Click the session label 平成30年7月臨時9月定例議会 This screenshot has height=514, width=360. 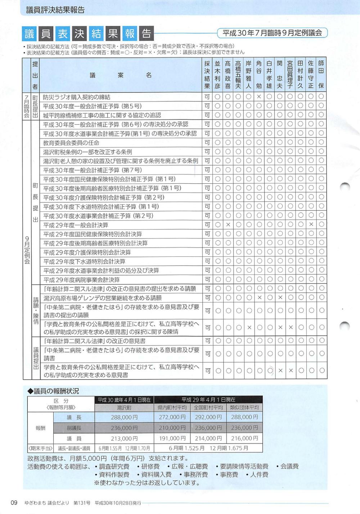(272, 33)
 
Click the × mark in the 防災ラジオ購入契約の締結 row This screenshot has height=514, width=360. (259, 97)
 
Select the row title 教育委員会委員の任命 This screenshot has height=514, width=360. (71, 143)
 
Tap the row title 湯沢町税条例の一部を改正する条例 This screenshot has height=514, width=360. (87, 152)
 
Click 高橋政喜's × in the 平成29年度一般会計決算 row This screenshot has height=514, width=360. (228, 225)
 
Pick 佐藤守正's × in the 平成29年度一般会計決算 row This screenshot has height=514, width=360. (311, 225)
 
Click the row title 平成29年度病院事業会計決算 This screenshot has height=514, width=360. (81, 280)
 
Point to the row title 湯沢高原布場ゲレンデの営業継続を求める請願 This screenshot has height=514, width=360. (102, 298)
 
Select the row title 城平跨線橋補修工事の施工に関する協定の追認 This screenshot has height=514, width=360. (102, 115)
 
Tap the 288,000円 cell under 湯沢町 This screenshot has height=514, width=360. (124, 417)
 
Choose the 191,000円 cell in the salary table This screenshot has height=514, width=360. (172, 438)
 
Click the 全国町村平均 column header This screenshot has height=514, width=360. (208, 408)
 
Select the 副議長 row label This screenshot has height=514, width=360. (74, 428)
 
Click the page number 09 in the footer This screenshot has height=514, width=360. (14, 502)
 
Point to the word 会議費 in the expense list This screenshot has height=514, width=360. (289, 466)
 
